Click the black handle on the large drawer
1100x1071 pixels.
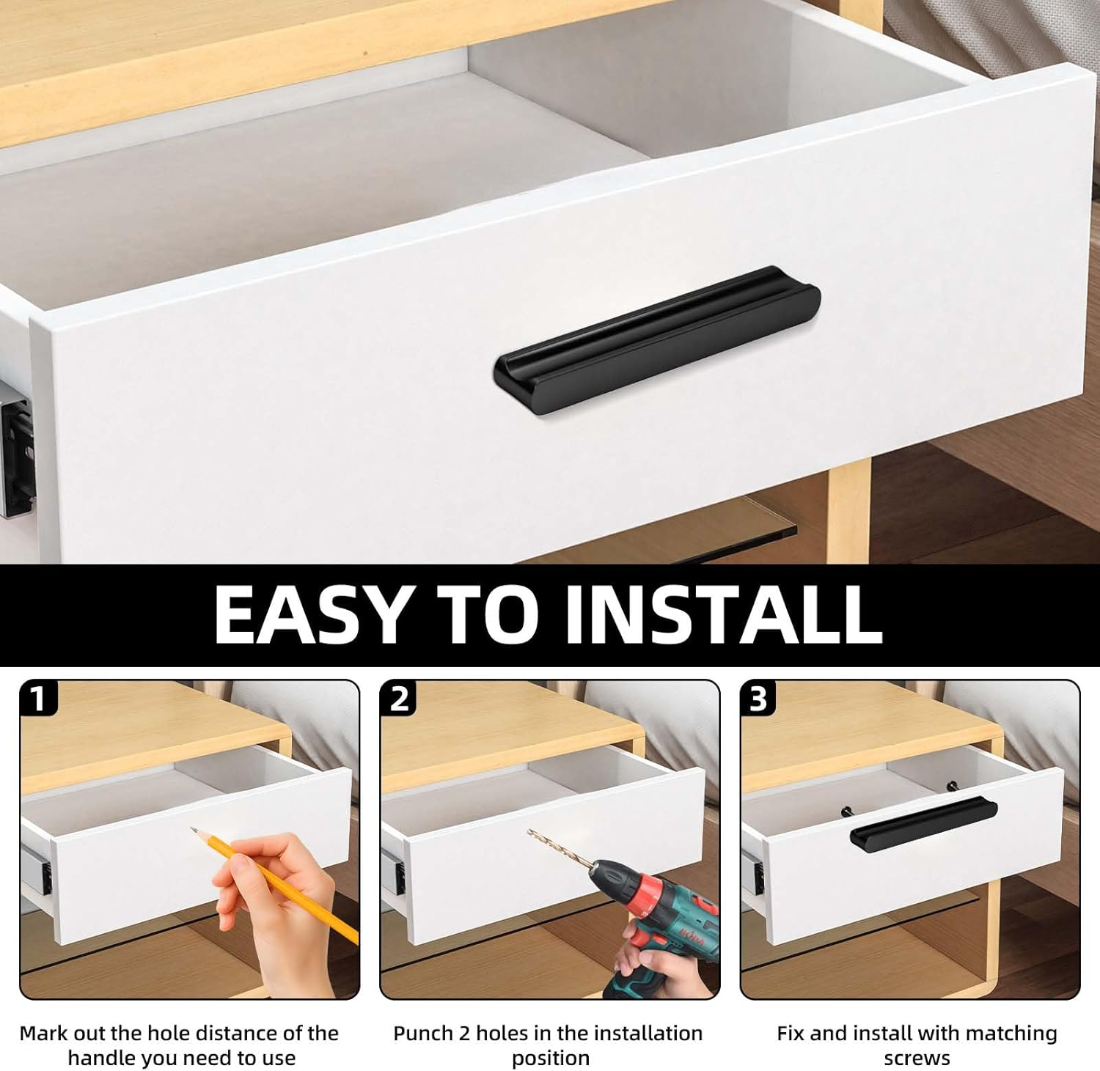[x=657, y=339]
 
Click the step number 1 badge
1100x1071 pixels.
[x=38, y=699]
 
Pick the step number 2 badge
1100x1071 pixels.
[x=398, y=699]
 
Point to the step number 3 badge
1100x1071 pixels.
[x=758, y=699]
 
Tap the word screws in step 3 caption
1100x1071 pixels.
[x=917, y=1059]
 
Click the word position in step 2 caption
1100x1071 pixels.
[x=551, y=1059]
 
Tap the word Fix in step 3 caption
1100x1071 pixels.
[x=791, y=1034]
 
